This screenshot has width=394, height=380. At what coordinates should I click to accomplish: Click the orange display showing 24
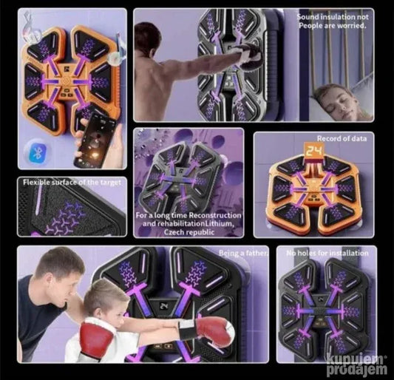[x=313, y=151]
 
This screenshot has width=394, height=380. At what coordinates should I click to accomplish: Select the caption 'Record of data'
[x=342, y=138]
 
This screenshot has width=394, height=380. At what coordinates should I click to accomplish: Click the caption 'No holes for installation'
[x=327, y=253]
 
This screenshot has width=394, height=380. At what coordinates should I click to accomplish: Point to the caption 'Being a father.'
[x=243, y=253]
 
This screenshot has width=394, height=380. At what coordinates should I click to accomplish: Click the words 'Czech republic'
[x=189, y=232]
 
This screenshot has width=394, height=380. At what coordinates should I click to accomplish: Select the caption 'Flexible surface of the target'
[x=72, y=182]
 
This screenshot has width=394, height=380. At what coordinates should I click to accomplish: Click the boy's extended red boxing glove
[x=214, y=331]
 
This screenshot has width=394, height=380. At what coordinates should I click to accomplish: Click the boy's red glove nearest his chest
[x=95, y=341]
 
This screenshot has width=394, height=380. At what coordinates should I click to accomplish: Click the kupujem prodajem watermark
[x=357, y=364]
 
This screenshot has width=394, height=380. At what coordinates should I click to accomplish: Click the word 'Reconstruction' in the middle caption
[x=215, y=215]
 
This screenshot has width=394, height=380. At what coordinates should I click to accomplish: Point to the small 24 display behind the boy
[x=163, y=306]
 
